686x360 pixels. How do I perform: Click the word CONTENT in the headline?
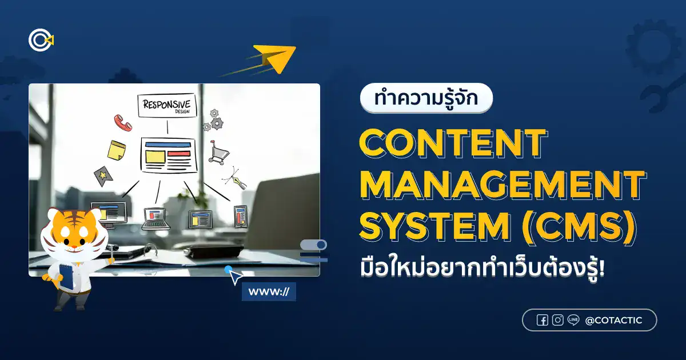(x=452, y=143)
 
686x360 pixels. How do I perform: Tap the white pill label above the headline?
(x=426, y=98)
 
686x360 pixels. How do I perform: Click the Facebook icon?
(x=542, y=320)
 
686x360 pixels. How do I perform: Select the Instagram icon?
(x=558, y=320)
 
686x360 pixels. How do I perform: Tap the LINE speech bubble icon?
(x=573, y=320)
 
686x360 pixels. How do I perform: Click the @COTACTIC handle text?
(x=613, y=321)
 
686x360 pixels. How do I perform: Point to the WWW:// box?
(x=269, y=291)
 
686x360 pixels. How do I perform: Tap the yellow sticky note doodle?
(x=117, y=150)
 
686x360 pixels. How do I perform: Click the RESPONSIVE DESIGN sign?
(x=167, y=106)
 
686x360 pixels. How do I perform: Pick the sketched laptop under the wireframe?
(x=156, y=218)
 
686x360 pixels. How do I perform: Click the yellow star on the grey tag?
(x=103, y=175)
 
